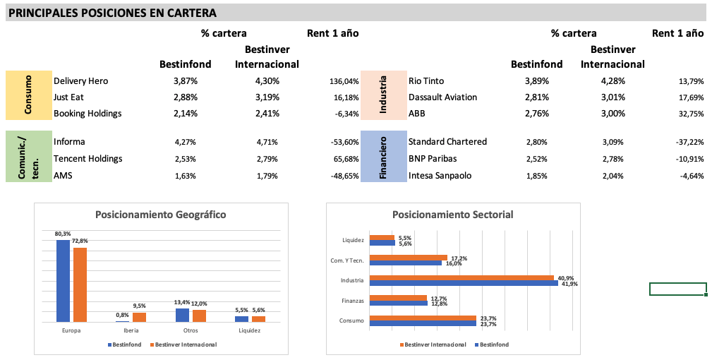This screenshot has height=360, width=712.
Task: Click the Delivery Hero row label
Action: point(80,81)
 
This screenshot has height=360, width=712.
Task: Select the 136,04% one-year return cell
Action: point(344,82)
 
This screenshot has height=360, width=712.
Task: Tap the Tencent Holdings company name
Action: point(88,159)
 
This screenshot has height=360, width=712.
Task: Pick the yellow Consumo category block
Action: point(29,95)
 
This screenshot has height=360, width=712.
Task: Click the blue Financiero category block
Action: point(384,157)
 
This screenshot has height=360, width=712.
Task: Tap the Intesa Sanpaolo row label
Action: point(440,176)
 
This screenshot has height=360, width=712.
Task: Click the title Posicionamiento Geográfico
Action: point(161,215)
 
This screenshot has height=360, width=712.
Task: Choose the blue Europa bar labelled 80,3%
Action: point(63,281)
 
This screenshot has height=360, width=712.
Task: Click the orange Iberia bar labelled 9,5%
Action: point(139,317)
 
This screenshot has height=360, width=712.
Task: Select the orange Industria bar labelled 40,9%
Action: point(462,278)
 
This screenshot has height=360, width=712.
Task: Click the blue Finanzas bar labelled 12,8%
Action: point(398,304)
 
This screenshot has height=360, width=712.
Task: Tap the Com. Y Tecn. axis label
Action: point(347,260)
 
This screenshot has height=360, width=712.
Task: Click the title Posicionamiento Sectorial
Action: point(452,215)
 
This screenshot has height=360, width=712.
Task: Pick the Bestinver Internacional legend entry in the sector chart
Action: point(435,344)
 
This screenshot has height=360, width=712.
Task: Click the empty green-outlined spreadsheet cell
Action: point(677,289)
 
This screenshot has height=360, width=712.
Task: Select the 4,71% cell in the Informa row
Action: point(267,142)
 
